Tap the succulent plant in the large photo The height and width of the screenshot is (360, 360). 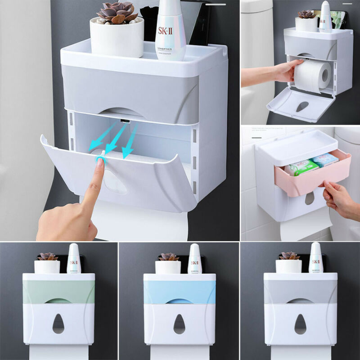coord(116,12)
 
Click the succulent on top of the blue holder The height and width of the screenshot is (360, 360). coord(168,257)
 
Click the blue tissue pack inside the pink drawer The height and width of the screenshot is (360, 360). coord(324,160)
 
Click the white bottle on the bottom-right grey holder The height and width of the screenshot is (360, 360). coord(315,258)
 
